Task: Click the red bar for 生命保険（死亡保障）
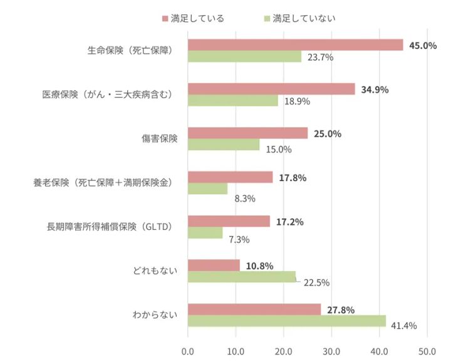[295, 44]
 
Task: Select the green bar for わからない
[286, 321]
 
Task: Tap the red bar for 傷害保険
[247, 133]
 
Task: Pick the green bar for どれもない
[242, 277]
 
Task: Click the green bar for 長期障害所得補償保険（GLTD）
[205, 232]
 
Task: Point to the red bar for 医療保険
[271, 89]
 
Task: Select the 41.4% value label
[403, 326]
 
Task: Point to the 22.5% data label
[316, 282]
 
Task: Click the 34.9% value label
[375, 89]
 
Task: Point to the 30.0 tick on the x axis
[331, 351]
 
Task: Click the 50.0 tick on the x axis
[427, 351]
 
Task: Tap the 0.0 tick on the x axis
[187, 351]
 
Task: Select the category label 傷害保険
[159, 138]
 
